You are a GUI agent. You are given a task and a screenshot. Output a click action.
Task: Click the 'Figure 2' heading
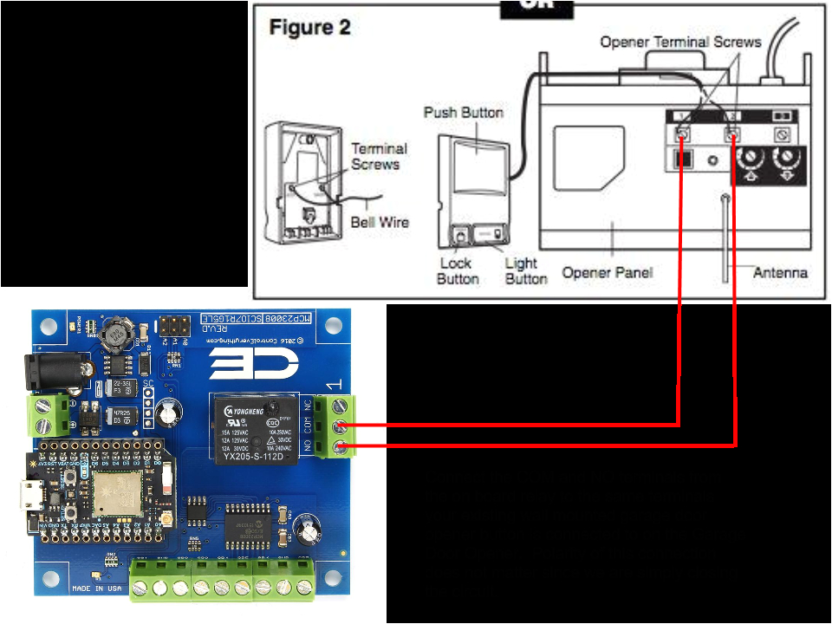[309, 29]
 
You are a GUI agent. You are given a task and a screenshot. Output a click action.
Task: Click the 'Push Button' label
[463, 113]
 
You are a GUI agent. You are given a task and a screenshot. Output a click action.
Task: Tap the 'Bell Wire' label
[380, 222]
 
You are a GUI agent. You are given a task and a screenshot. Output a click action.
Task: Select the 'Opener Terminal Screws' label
[680, 42]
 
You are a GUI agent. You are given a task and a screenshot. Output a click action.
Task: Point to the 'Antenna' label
[780, 272]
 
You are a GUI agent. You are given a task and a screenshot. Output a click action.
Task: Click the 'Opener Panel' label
[608, 272]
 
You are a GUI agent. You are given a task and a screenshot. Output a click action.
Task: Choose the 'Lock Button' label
[458, 270]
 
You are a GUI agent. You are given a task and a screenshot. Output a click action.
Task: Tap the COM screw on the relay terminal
[339, 426]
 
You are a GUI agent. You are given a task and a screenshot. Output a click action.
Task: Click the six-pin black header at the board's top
[174, 327]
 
